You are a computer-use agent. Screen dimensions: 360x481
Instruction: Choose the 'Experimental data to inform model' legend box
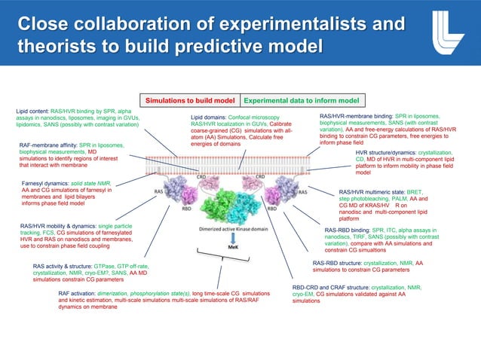pyautogui.click(x=301, y=99)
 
